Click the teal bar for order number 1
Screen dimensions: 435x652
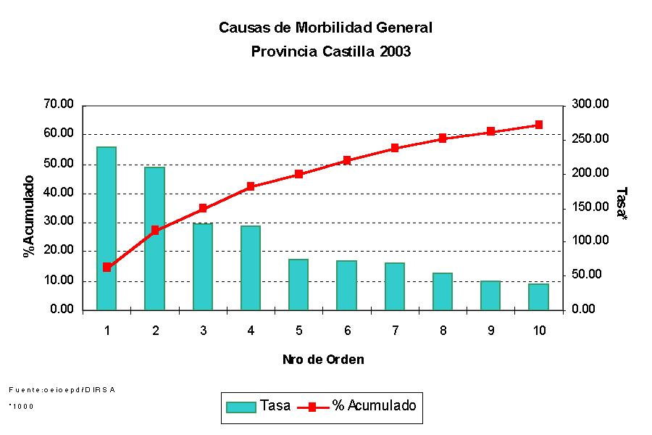coord(106,228)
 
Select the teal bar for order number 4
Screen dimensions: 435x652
coord(251,268)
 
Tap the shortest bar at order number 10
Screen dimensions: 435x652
coord(538,297)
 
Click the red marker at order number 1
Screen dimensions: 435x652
coord(107,267)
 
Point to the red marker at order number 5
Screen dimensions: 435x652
coord(298,174)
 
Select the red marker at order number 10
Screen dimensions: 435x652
coord(538,125)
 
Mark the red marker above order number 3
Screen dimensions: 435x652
coord(203,208)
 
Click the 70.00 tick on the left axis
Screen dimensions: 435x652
coord(59,104)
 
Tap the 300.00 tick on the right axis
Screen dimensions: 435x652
coord(590,104)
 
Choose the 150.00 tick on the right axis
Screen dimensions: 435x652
coord(590,207)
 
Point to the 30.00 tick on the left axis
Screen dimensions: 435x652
coord(59,222)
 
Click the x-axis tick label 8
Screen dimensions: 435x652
coord(443,331)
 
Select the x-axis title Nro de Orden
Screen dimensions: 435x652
coord(323,360)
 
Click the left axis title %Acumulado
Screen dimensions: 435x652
coord(29,216)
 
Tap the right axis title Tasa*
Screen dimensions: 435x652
coord(621,202)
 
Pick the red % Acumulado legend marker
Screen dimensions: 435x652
coord(312,407)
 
